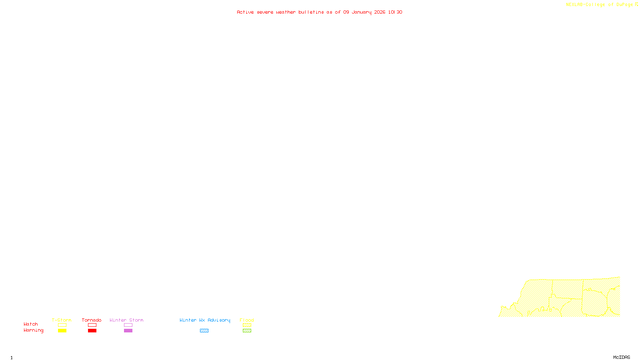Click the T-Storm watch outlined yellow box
tap(62, 325)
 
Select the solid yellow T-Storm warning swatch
tap(62, 331)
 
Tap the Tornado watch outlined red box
tap(92, 325)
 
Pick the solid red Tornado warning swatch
tap(92, 331)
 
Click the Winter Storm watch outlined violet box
tap(128, 325)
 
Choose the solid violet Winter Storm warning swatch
tap(128, 331)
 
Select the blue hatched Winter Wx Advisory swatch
tap(204, 331)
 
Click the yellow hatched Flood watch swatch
tap(247, 325)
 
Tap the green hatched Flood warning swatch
tap(247, 331)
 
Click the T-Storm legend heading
tap(62, 320)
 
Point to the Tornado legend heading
tap(92, 320)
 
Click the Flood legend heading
tap(247, 320)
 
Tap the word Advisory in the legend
tap(219, 320)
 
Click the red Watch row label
tap(31, 324)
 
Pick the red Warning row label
tap(33, 330)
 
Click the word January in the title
tap(362, 12)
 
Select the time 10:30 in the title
tap(395, 12)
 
